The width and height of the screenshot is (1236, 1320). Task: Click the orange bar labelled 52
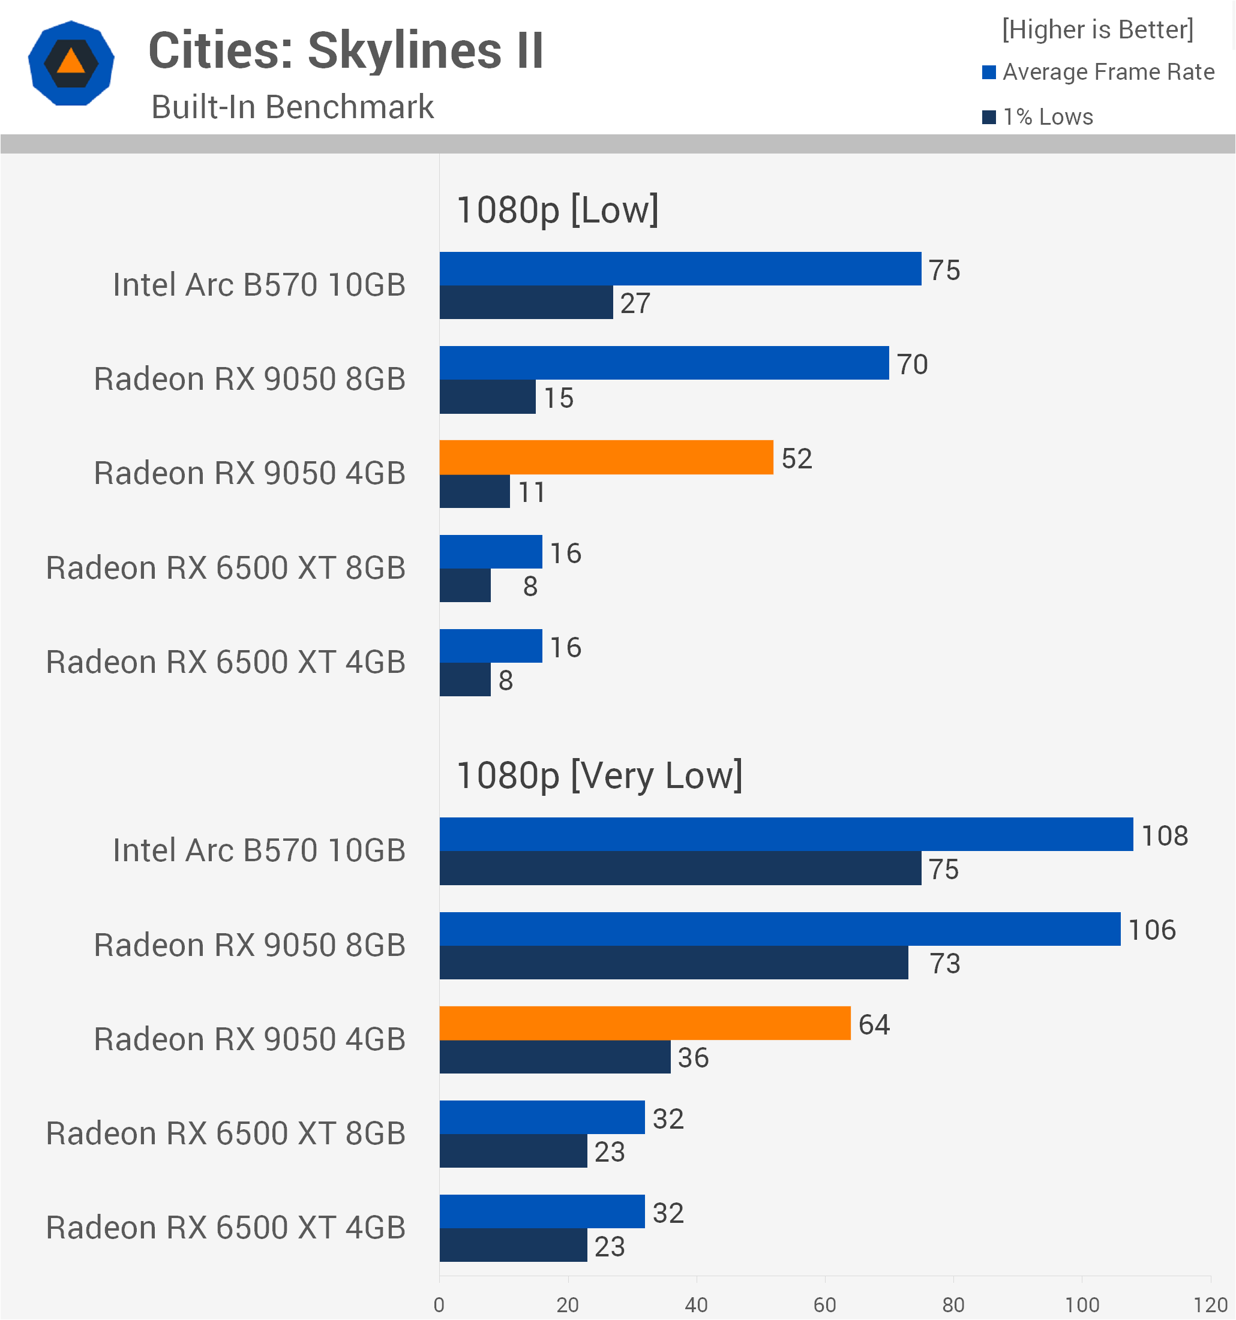[x=607, y=457]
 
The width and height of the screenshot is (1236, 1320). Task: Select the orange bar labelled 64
[x=645, y=1023]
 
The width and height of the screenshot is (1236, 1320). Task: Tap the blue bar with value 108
[x=787, y=834]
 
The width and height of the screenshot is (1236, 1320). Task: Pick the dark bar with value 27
[x=526, y=302]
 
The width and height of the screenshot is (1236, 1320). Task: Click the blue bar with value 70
[x=664, y=362]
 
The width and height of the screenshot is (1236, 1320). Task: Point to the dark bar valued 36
[x=555, y=1056]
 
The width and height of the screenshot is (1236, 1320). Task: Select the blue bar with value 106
[x=780, y=929]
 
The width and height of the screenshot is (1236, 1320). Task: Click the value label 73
[x=944, y=963]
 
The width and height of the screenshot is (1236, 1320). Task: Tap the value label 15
[x=559, y=398]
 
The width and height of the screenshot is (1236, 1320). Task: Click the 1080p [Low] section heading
[x=557, y=210]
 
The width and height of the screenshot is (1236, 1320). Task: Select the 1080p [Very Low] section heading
[x=599, y=775]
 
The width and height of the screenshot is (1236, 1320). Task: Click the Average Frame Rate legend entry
[x=1099, y=72]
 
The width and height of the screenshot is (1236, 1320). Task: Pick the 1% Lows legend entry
[x=1037, y=117]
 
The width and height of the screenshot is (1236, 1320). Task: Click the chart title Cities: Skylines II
[x=346, y=50]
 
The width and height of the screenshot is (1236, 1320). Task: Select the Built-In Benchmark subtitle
[x=292, y=107]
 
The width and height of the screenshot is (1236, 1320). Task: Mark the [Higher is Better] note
[x=1098, y=29]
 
